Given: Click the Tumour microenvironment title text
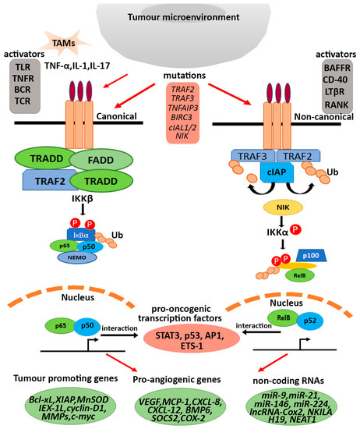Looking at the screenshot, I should (179, 16).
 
